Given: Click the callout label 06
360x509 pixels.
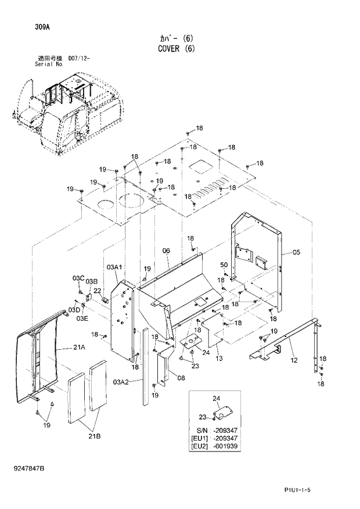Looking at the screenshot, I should (165, 250).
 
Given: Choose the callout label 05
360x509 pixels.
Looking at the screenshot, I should (296, 252).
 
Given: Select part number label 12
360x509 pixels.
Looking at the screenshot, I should (294, 361).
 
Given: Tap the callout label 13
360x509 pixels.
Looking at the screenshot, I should (219, 358).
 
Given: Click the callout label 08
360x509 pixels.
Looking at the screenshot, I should (181, 378).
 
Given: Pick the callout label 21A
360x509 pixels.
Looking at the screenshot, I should (79, 347).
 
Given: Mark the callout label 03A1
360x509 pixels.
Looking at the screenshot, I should (114, 267).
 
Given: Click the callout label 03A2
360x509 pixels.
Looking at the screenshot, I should (120, 381).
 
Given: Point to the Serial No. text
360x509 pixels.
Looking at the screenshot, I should (51, 64).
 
